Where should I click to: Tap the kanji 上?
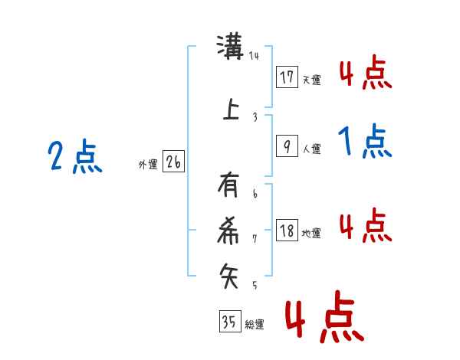[x=231, y=109]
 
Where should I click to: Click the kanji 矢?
[x=231, y=275]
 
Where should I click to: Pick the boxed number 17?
[x=287, y=77]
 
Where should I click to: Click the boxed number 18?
[x=287, y=231]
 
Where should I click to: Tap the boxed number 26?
[x=173, y=162]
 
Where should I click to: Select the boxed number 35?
[x=229, y=322]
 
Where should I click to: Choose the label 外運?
[x=147, y=165]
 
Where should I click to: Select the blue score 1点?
[x=364, y=142]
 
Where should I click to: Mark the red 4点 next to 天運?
[x=365, y=74]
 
